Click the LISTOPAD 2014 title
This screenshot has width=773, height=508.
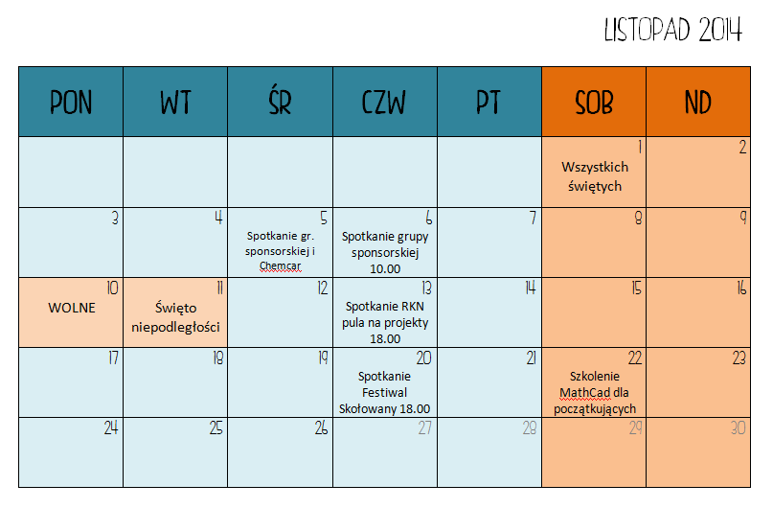[x=673, y=30]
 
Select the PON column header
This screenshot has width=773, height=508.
[x=71, y=103]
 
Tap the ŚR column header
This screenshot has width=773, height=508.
[x=280, y=103]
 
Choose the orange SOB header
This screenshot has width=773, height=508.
[x=594, y=103]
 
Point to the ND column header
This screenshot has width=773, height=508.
[x=698, y=103]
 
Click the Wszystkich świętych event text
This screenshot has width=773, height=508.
[x=595, y=176]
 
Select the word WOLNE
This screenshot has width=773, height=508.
[x=72, y=308]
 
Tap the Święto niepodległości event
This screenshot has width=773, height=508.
[x=175, y=317]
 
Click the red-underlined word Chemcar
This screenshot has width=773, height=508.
[x=280, y=266]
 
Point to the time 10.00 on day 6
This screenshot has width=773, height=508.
[x=385, y=268]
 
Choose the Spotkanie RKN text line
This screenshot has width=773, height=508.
[x=384, y=307]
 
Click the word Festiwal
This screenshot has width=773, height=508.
[x=384, y=393]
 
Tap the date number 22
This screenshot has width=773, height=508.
[x=634, y=358]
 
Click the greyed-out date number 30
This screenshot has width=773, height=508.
[x=738, y=427]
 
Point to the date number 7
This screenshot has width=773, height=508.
[x=533, y=218]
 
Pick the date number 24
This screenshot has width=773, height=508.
[x=111, y=427]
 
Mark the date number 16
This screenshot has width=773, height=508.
[x=741, y=288]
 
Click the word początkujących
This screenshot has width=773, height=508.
[x=595, y=409]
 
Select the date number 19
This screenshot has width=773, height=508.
[x=323, y=358]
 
